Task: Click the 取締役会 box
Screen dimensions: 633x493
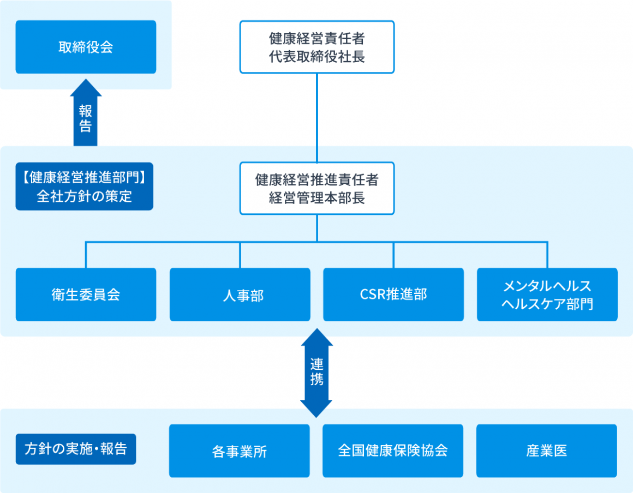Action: [86, 47]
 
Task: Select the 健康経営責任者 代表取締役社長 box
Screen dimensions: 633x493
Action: [317, 47]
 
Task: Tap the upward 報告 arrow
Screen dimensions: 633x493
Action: [86, 112]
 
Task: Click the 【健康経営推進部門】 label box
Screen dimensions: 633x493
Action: [85, 187]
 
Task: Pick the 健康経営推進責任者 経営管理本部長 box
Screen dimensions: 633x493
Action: [317, 188]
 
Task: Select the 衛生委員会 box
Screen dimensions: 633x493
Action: [86, 294]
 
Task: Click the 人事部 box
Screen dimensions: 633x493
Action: [240, 294]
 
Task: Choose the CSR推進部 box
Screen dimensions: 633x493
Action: [393, 294]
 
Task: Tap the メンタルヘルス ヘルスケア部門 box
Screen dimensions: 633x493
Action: [547, 294]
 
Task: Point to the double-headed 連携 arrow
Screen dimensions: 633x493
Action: [316, 373]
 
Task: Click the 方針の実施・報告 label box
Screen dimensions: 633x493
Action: [76, 449]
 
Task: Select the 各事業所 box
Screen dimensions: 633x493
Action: [240, 450]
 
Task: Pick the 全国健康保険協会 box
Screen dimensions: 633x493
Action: [393, 450]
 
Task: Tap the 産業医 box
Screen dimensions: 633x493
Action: [547, 450]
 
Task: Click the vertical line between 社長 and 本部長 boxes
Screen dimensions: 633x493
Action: [317, 118]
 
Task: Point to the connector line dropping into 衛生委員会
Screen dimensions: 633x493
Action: [86, 255]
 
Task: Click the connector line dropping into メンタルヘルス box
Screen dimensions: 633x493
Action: [547, 255]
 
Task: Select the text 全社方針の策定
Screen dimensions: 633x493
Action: [85, 196]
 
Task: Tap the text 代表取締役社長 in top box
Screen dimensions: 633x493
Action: [317, 57]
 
